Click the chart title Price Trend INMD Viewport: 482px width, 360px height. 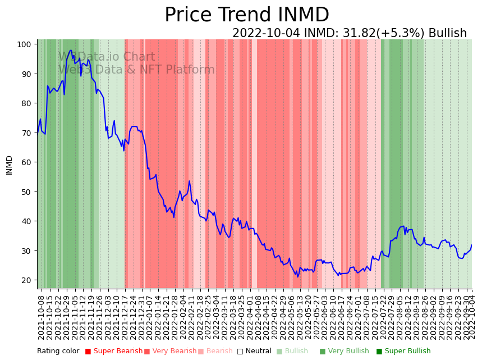click(246, 15)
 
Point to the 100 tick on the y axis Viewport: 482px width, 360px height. click(27, 44)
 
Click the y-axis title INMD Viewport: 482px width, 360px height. click(9, 165)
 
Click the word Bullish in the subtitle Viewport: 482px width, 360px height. click(447, 33)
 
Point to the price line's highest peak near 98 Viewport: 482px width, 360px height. click(70, 51)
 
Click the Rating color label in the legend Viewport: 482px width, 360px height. click(58, 352)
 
